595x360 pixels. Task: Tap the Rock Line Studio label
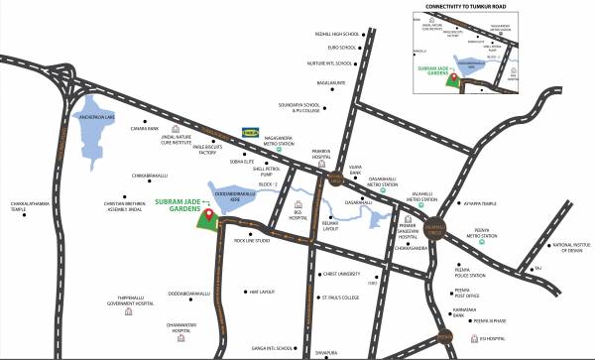(252, 240)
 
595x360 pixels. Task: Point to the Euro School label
(341, 47)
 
